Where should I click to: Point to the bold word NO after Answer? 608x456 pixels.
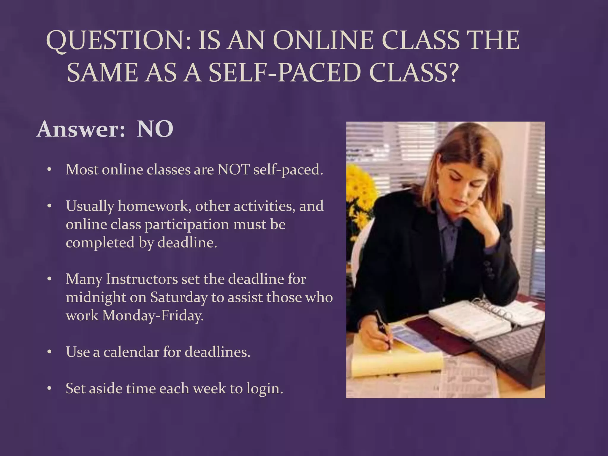point(155,129)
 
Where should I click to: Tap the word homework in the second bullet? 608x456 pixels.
point(154,206)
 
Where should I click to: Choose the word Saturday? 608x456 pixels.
point(179,297)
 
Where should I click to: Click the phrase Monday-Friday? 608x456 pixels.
point(153,316)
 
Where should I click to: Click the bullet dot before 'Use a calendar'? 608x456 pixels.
point(50,352)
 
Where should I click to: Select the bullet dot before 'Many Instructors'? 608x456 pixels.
point(50,279)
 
